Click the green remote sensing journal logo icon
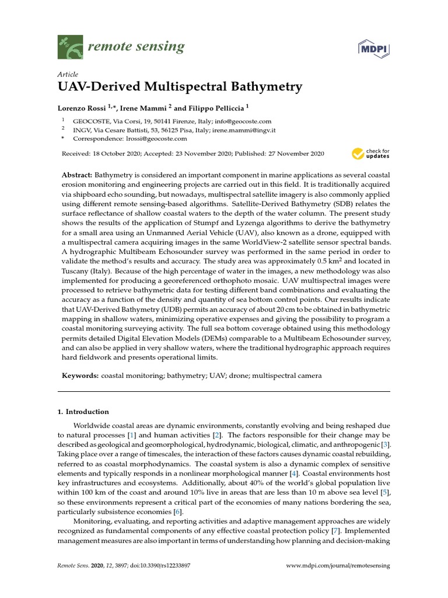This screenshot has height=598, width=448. pyautogui.click(x=69, y=47)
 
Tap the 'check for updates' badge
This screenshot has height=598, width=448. pyautogui.click(x=370, y=154)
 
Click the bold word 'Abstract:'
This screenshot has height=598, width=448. pyautogui.click(x=77, y=175)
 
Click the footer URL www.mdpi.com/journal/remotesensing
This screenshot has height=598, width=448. pyautogui.click(x=338, y=566)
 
